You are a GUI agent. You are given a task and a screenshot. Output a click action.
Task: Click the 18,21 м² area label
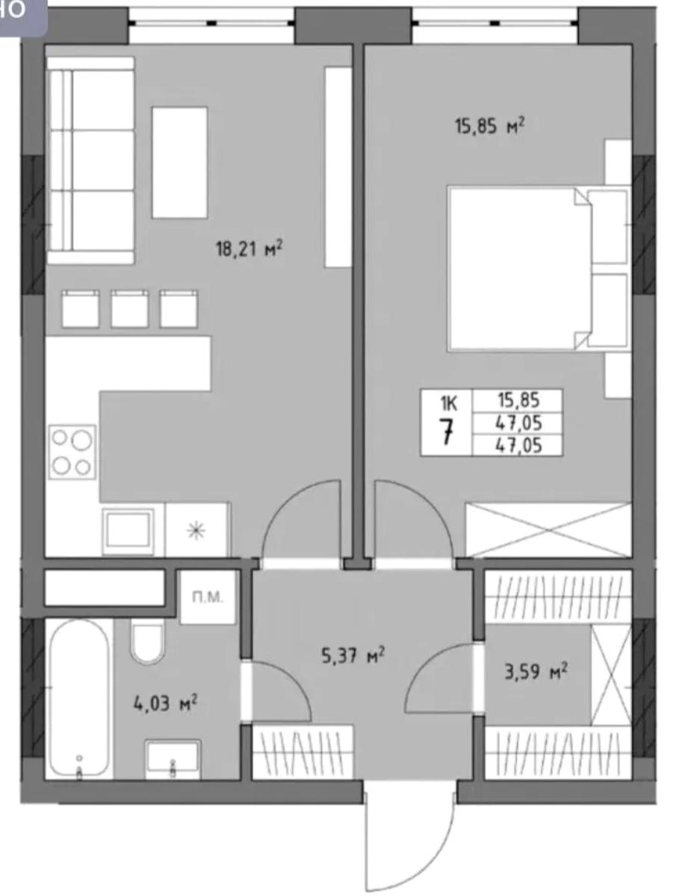coord(250,249)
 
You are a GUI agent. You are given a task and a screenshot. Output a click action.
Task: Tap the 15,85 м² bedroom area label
coord(490,125)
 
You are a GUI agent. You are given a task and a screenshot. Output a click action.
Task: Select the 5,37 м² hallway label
coord(353,655)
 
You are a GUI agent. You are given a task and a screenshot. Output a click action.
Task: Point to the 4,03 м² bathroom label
coord(165,703)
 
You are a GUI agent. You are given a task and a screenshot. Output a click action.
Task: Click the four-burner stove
coord(72,452)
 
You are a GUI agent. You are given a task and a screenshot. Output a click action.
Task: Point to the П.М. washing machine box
coord(208,597)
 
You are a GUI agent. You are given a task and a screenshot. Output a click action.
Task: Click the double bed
coord(538,269)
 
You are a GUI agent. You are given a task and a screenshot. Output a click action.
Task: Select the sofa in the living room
coord(90,161)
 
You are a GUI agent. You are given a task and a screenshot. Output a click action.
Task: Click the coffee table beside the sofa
coord(179,163)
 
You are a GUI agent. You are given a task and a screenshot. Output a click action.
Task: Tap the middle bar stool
coord(129,309)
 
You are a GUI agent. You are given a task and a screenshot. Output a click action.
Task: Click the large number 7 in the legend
coord(447,432)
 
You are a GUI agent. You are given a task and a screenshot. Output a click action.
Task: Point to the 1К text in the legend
coord(449,403)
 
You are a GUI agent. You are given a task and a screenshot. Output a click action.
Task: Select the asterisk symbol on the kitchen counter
coord(196,531)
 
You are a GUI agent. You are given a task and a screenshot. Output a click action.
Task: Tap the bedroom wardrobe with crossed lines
coord(548,530)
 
